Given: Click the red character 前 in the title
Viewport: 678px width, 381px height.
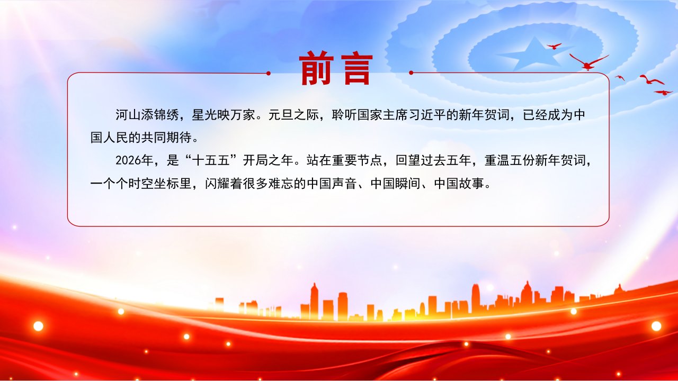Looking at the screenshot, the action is (316, 68).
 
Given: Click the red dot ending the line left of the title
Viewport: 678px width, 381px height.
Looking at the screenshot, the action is (268, 73).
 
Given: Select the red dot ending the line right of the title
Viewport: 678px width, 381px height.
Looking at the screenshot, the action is (411, 72).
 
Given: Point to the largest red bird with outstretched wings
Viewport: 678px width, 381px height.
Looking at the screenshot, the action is (587, 62).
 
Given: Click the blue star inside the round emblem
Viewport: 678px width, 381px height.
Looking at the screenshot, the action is (535, 55).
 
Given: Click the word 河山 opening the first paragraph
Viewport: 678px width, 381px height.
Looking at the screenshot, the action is (128, 115).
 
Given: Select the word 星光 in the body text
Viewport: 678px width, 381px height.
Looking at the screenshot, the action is (204, 115).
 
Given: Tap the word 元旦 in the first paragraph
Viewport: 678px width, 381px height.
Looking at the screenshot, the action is (281, 115).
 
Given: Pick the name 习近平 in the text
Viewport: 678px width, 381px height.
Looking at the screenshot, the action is (427, 115).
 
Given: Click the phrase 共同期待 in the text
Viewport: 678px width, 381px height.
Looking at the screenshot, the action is (166, 138).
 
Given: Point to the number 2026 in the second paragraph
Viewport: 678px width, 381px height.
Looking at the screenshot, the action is (128, 160).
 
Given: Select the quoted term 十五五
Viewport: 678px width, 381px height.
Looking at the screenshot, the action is (211, 160).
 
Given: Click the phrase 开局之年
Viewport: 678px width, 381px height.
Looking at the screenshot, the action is (268, 160).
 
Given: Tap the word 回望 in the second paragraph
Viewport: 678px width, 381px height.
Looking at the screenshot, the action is (408, 160).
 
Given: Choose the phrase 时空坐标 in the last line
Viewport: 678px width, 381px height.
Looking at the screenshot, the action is (154, 183).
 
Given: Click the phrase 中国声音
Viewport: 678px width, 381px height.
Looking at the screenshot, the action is (332, 183).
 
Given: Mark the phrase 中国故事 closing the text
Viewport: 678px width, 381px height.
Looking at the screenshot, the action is (459, 183).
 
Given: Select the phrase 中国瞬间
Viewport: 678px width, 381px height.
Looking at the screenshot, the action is (395, 183).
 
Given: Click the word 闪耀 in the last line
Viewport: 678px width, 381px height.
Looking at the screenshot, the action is (217, 183).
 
